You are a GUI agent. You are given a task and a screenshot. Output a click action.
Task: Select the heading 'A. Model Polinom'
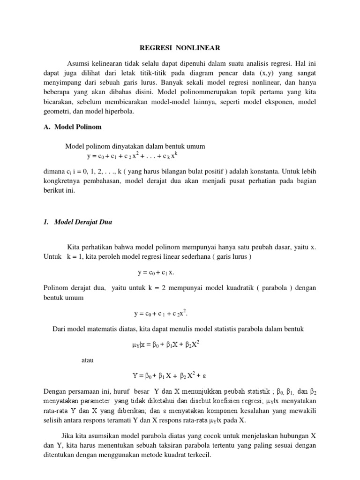point(75,127)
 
